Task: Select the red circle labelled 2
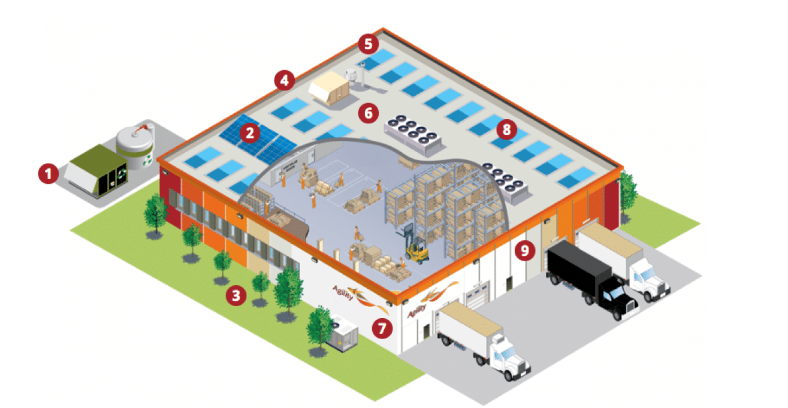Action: pos(249,132)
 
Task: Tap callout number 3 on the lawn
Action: pos(236,295)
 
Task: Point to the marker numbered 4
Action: pos(284,79)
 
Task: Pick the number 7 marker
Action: pos(381,327)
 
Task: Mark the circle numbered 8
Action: pos(507,128)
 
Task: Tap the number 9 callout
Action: pos(525,250)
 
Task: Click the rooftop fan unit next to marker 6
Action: pos(413,129)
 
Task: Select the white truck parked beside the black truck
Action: pos(623,258)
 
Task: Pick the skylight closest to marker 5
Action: pos(376,58)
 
